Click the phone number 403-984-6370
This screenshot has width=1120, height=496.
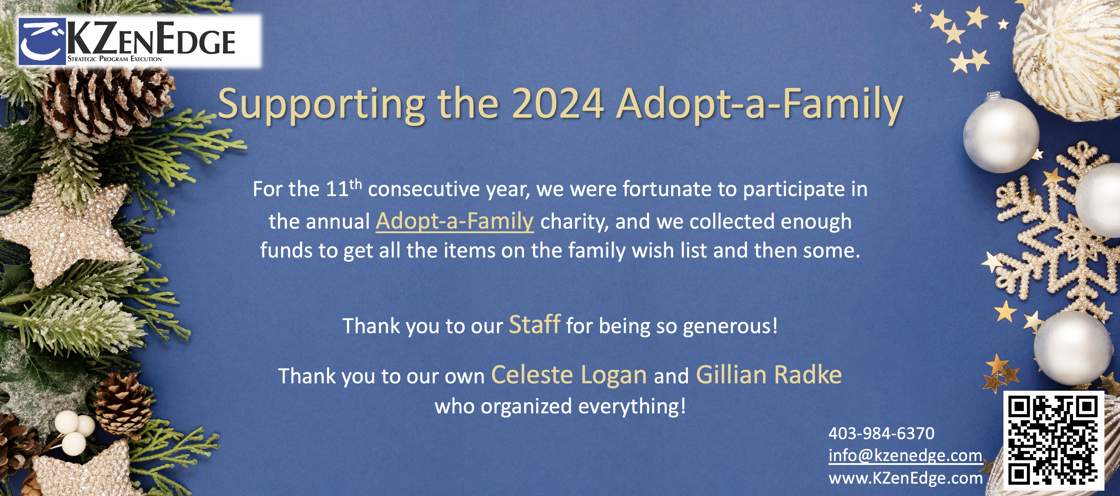coord(881,433)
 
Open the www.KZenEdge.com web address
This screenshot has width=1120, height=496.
coord(906,478)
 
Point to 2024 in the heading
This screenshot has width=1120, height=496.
coord(558,104)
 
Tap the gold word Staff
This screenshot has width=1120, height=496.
coord(535,324)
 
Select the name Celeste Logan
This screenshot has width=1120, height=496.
coord(569,375)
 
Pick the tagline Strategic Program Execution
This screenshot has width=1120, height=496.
coord(115,59)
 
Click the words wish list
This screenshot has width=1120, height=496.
coord(669,250)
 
